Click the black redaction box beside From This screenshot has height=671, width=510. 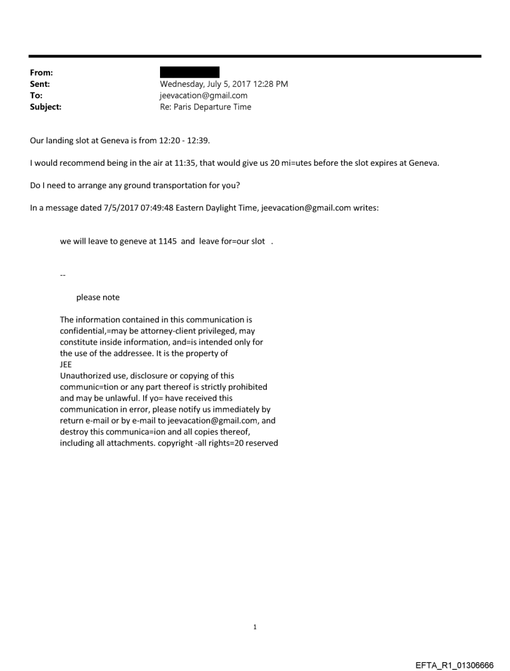pos(189,73)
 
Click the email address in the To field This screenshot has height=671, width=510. pos(204,96)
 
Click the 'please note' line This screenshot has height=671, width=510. pos(98,297)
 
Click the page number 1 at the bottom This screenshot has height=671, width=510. pos(255,609)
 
